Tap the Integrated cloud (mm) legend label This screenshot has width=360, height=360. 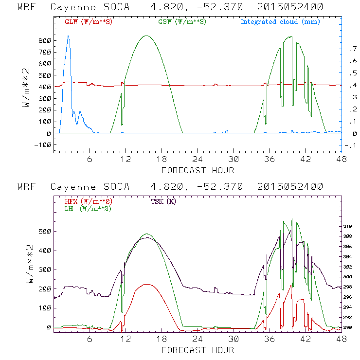pos(280,22)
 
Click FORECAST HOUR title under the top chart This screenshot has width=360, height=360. pos(198,170)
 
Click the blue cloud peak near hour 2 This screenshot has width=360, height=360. pos(68,36)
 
